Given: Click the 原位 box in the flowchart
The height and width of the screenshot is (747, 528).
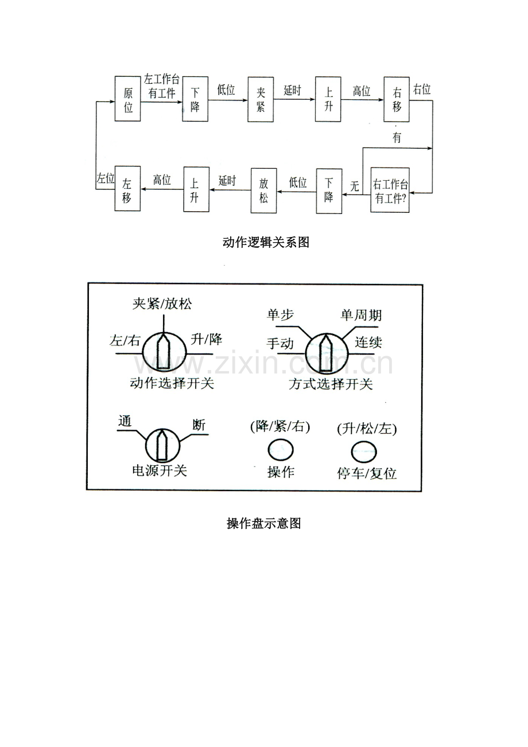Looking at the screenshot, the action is pos(127,99).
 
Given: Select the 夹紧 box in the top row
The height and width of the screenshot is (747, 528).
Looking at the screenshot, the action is pos(261,99).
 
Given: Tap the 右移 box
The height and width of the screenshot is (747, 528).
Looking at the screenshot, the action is pos(396,99).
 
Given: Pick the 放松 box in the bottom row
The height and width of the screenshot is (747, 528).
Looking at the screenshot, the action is pos(263,190).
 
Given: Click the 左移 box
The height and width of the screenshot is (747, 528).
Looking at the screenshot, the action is pos(127,188).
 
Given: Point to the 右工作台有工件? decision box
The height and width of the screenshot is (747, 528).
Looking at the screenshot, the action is pos(390,190).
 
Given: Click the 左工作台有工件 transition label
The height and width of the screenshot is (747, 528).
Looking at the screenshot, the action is pos(162,86).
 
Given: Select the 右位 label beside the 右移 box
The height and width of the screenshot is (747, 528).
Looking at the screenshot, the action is pos(422,89).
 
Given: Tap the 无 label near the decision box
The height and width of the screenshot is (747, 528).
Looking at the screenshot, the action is pos(354,186).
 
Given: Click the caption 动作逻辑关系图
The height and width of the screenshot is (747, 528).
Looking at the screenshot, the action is pos(266,242).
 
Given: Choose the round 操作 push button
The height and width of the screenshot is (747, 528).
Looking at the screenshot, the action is pos(281,450).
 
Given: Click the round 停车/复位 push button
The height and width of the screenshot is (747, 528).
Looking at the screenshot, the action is pos(364,452).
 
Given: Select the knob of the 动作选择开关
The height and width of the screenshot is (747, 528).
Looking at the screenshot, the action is pos(164,352).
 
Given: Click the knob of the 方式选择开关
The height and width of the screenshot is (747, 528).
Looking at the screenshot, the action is pos(326,353).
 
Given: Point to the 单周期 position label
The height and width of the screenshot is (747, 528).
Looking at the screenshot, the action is pos(361,315).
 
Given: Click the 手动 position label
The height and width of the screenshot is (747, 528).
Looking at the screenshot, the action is pos(280,344).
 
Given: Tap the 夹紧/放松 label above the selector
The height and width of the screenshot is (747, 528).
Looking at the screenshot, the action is pos(162,304).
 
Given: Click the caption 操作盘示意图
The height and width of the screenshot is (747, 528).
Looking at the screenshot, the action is pos(264,523).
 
